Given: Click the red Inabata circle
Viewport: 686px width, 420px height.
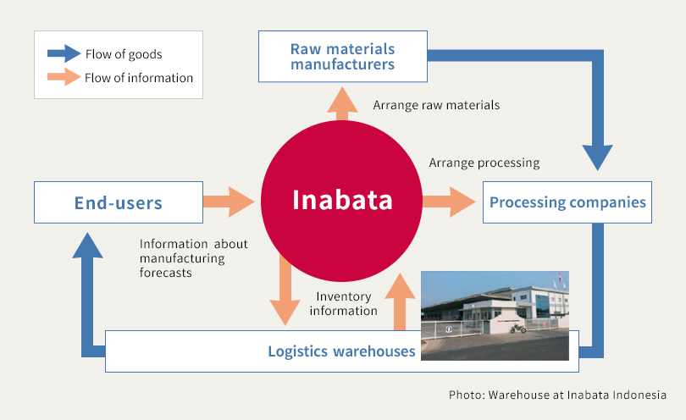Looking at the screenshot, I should point(342,201).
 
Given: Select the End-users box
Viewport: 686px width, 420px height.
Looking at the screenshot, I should point(118,202).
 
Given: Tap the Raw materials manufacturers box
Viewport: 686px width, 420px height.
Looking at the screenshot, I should point(342,57).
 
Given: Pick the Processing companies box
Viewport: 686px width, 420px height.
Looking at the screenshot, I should point(567,202).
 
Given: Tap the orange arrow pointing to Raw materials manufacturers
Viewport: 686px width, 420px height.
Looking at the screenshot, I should point(342,104).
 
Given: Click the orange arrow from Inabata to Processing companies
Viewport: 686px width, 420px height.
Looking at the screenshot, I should point(449,202).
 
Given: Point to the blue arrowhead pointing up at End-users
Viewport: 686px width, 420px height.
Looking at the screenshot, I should point(88,246).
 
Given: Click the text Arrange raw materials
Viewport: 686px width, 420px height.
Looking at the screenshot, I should point(436,106).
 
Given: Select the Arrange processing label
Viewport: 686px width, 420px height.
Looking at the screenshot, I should point(484,163).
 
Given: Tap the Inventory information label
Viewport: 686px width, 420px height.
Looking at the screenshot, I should point(343,303).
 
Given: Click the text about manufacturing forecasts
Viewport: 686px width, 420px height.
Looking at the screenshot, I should point(193,258).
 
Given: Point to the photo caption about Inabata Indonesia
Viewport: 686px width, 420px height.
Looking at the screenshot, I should point(557,395).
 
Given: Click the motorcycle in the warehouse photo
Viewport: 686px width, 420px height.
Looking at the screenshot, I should point(517,328).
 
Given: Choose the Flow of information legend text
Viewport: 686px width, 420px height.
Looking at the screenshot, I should point(139,78).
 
